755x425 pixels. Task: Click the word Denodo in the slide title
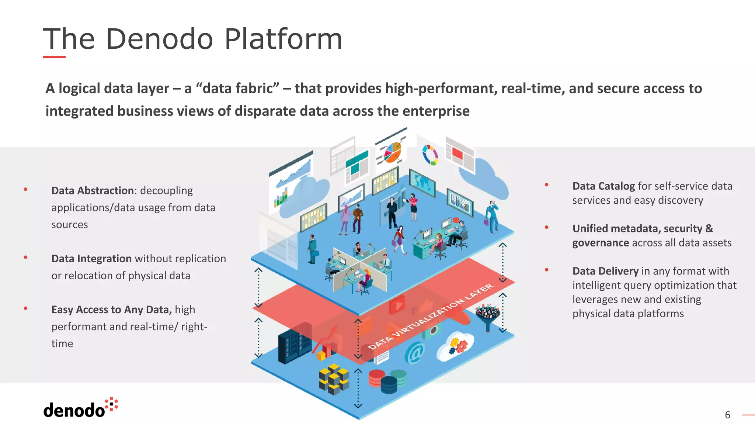[x=159, y=39]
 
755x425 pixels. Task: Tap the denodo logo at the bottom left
[x=80, y=408]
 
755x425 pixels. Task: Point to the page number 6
[x=727, y=415]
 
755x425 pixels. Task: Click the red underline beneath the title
[x=54, y=57]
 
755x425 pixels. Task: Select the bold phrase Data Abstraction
[x=92, y=191]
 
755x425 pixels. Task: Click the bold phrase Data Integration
[x=91, y=259]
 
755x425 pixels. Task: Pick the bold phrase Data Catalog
[x=603, y=186]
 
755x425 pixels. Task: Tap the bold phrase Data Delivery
[x=605, y=271]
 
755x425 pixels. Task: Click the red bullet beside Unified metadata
[x=547, y=228]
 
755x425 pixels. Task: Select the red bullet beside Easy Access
[x=25, y=308]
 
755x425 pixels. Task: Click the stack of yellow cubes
[x=334, y=379]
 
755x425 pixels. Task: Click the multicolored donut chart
[x=430, y=155]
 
